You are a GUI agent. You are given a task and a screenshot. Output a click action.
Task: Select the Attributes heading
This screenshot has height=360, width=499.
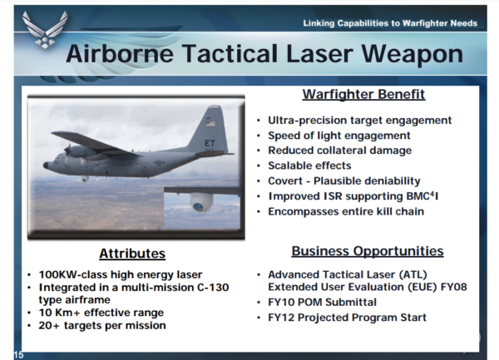132,254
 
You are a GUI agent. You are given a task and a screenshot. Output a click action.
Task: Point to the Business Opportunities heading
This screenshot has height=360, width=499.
367,250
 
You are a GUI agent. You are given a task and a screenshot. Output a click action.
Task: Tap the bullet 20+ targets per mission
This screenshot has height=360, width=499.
101,325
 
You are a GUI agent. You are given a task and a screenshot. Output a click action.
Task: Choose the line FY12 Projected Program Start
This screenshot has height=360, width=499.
347,318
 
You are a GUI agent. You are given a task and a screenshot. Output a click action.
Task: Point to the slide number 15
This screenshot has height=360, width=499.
18,354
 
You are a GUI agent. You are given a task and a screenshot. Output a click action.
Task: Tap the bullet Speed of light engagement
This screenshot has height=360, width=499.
339,136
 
